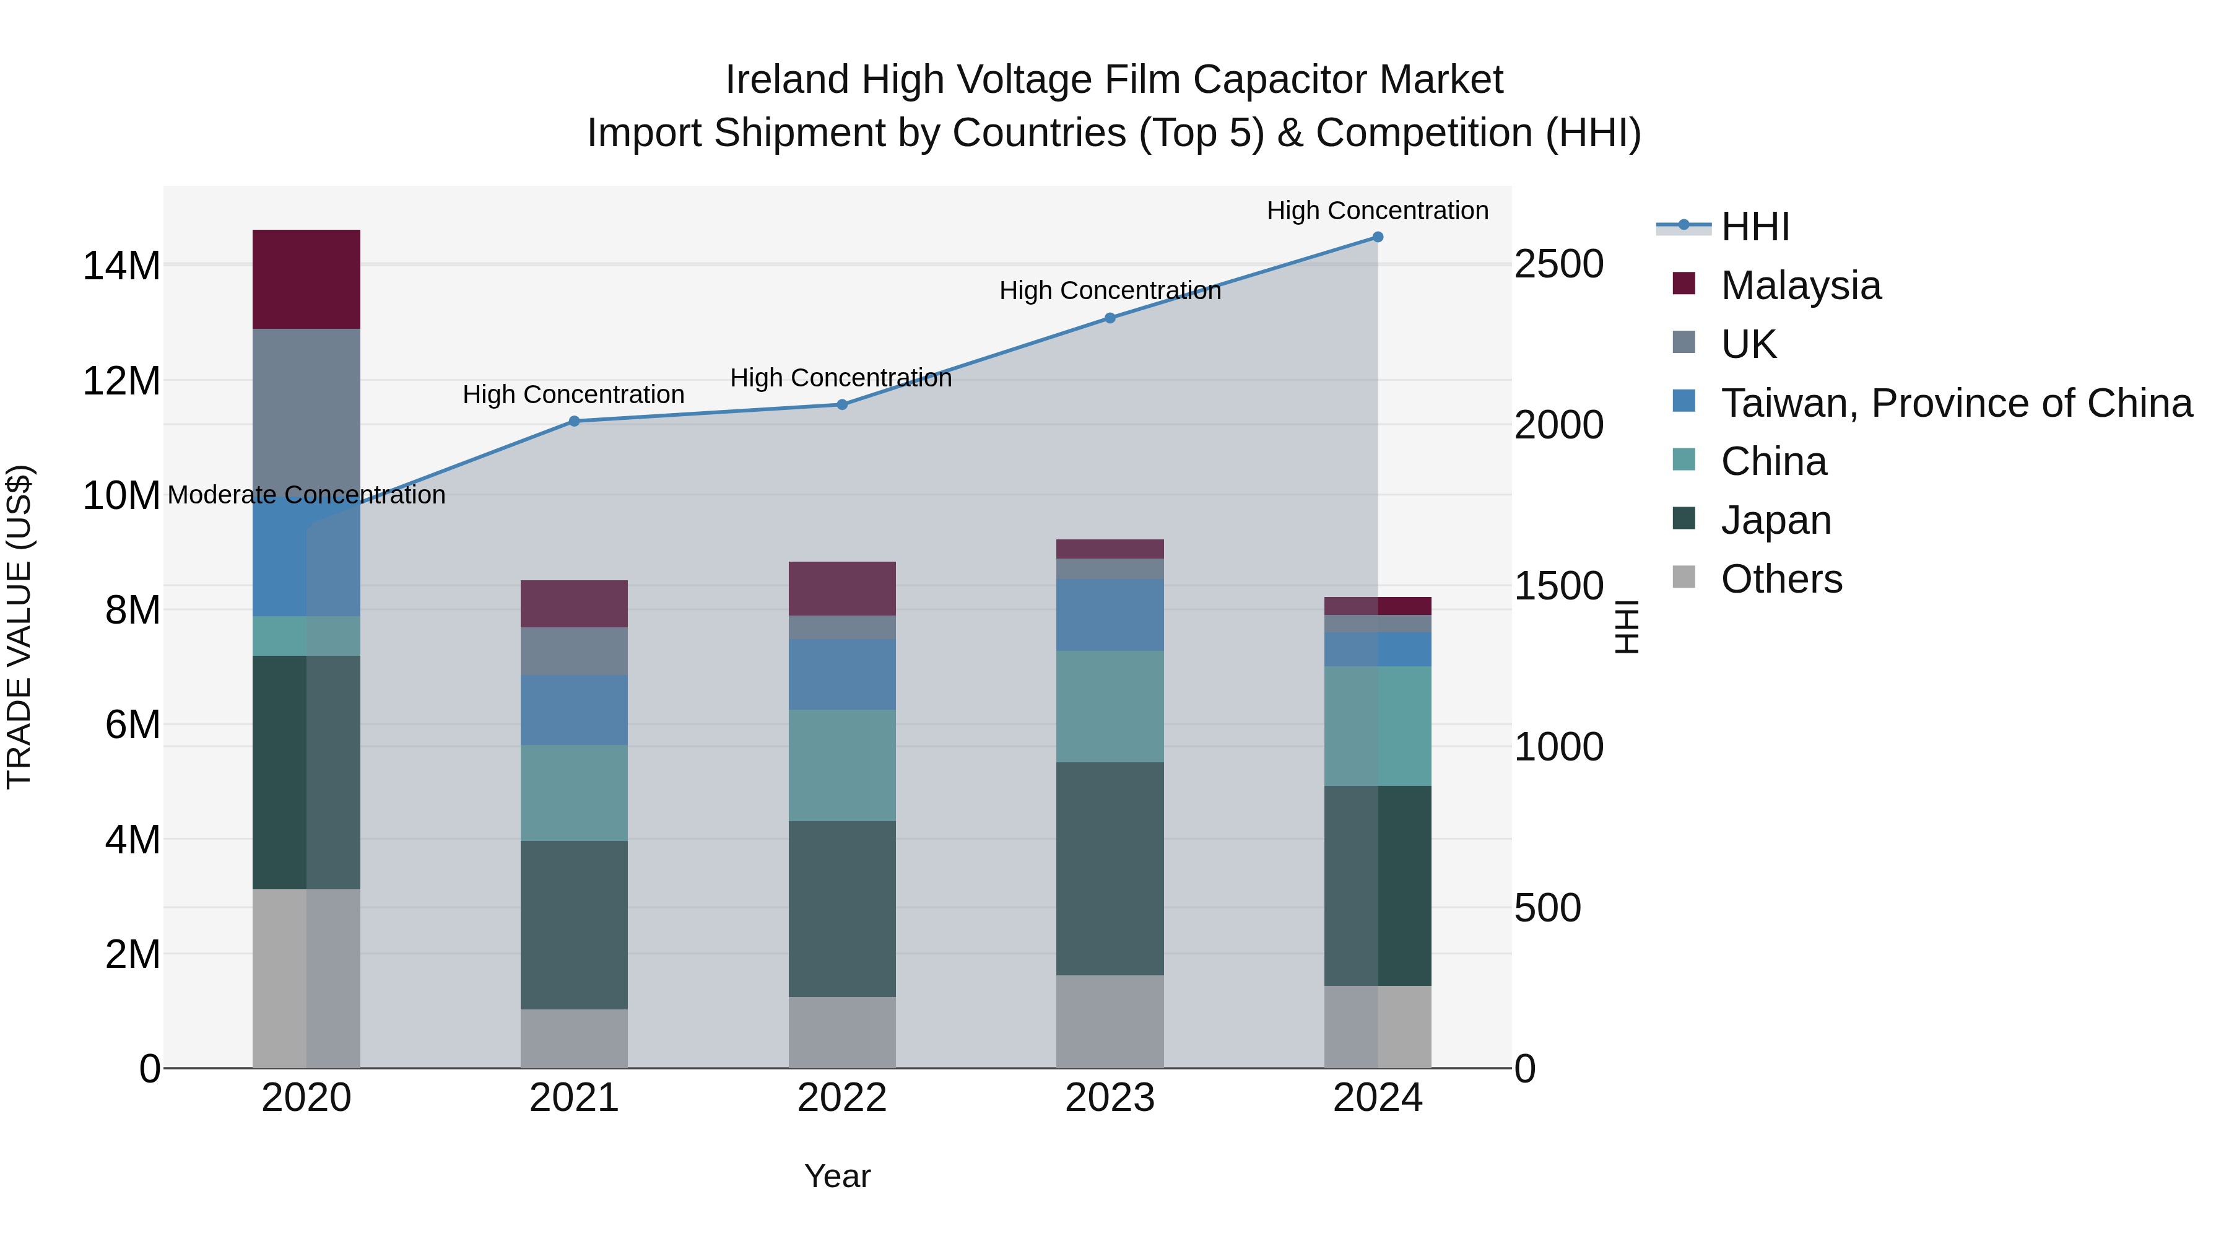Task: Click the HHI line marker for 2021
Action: tap(574, 422)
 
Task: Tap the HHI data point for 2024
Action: tap(1378, 237)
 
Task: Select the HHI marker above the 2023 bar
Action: tap(1110, 318)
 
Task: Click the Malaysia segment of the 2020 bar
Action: tap(306, 279)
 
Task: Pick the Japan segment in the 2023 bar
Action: tap(1110, 868)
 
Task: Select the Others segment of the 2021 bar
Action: tap(574, 1038)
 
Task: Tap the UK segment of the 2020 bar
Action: tap(306, 407)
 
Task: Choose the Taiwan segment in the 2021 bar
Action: tap(574, 710)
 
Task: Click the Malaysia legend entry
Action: tap(1800, 285)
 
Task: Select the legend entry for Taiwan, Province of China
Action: tap(1955, 403)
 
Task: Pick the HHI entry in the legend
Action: tap(1755, 227)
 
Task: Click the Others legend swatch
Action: tap(1684, 577)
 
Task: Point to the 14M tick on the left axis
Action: tap(121, 266)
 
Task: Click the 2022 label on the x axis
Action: tap(842, 1098)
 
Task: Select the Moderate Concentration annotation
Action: tap(306, 495)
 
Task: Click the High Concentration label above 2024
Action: tap(1378, 211)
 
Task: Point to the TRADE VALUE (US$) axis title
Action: tap(19, 627)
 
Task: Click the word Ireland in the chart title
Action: tap(786, 80)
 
